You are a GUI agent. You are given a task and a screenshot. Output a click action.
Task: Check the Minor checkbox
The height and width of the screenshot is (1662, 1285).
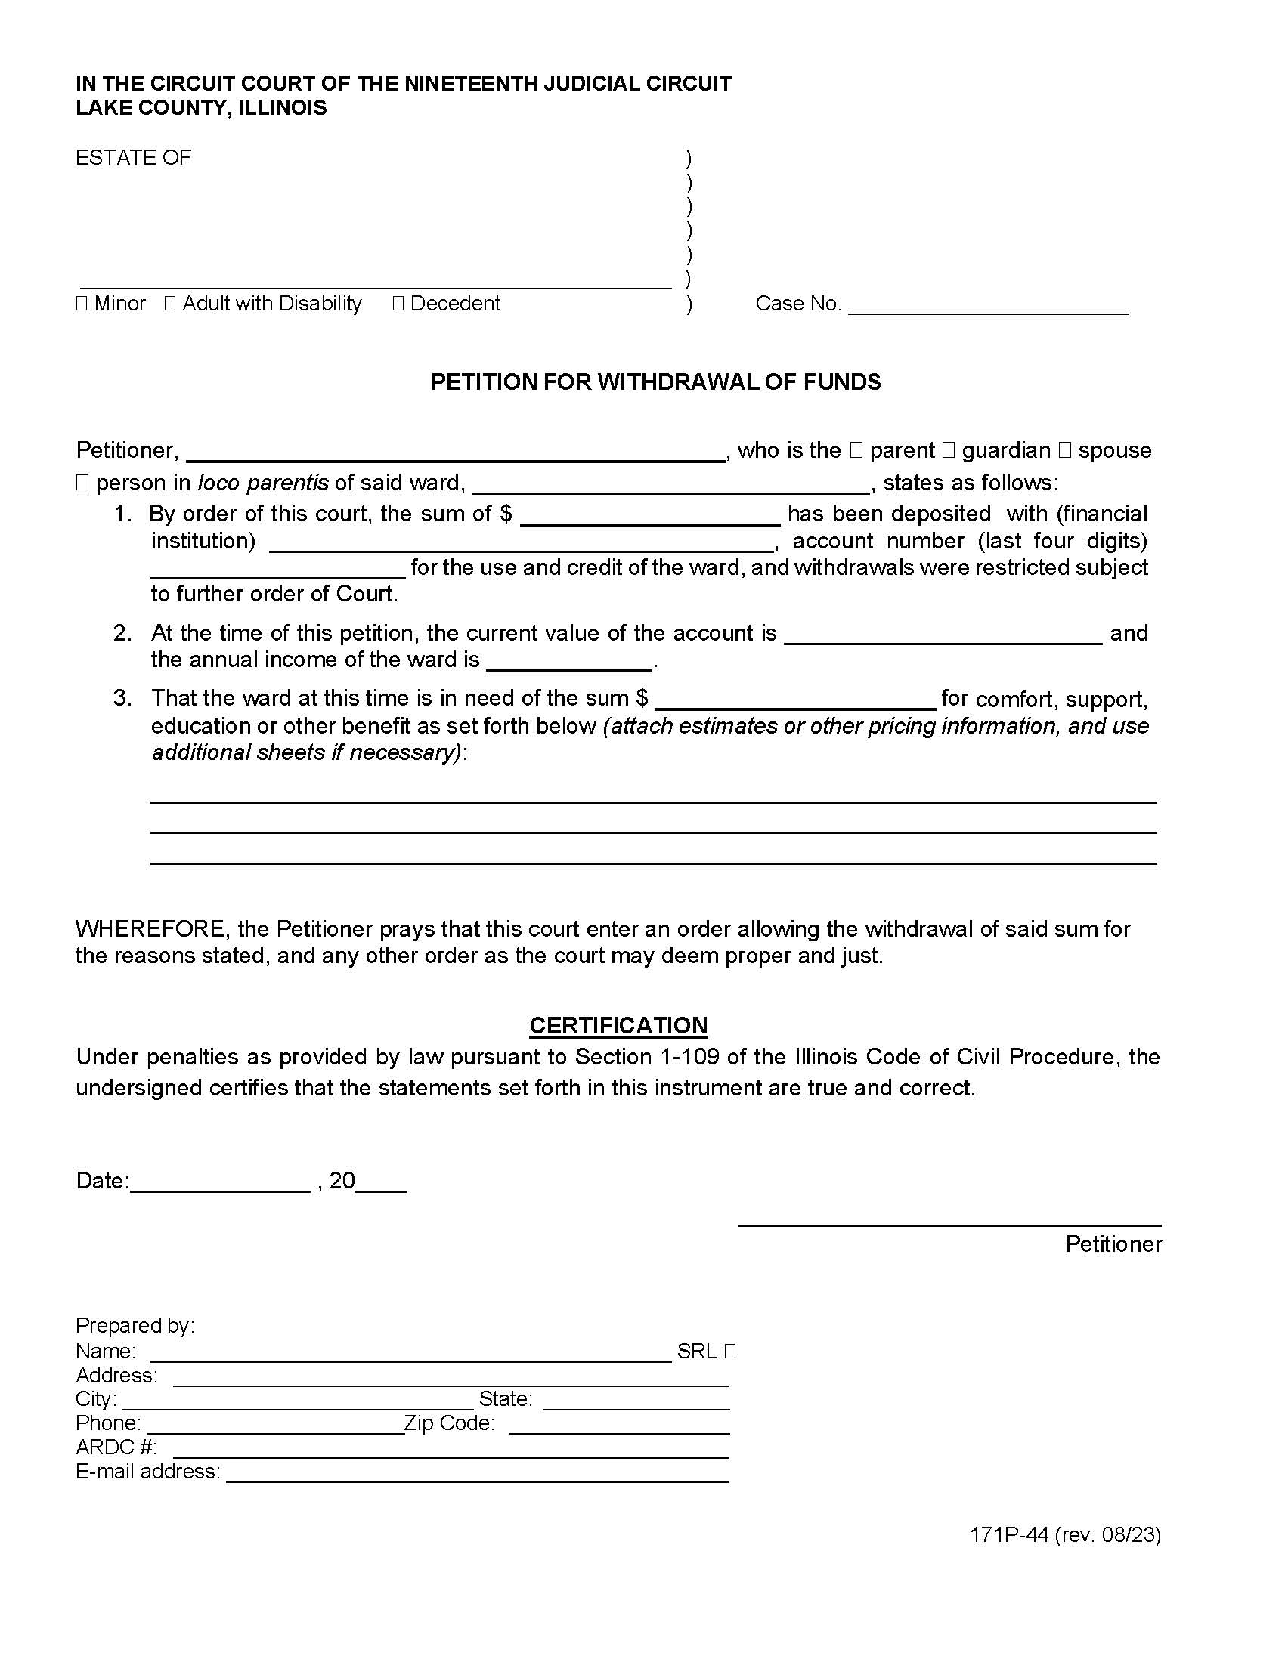(x=82, y=304)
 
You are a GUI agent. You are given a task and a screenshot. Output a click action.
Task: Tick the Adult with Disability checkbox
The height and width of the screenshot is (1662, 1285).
(x=170, y=304)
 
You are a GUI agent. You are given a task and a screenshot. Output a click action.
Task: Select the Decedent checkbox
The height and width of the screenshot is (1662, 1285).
(x=398, y=304)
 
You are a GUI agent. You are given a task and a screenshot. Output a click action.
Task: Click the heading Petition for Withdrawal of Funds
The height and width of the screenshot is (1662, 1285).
(x=655, y=382)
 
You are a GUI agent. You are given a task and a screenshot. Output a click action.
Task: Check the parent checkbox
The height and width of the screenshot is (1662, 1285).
(x=856, y=450)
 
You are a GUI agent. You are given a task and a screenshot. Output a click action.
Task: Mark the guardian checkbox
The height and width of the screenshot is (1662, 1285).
(x=949, y=450)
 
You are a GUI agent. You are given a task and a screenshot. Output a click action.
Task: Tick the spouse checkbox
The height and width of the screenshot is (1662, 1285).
(x=1065, y=450)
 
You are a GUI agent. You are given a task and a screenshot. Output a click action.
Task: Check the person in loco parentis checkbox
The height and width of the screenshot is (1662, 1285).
(x=82, y=483)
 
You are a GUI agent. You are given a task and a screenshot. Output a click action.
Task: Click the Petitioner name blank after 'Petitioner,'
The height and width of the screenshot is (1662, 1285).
(x=455, y=453)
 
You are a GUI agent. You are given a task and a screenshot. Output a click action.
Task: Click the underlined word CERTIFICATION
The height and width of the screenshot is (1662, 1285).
(x=618, y=1025)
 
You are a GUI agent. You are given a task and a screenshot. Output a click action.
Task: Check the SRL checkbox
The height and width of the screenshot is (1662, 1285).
(x=730, y=1351)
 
